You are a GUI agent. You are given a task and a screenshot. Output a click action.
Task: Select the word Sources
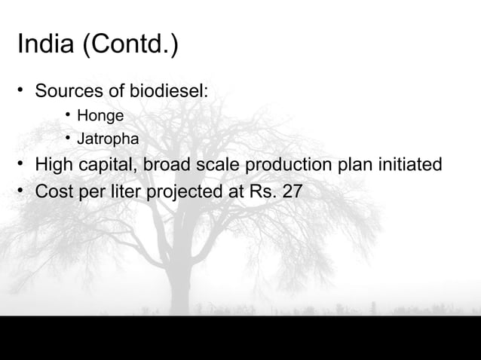69,92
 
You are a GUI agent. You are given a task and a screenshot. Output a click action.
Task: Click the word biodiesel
170,92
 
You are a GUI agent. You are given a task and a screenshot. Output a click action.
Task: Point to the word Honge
100,116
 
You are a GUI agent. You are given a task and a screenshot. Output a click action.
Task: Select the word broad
170,164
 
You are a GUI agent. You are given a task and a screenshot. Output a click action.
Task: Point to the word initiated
407,164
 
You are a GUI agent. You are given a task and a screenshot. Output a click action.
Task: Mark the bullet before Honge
67,115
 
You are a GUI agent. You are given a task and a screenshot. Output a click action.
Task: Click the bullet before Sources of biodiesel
22,92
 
